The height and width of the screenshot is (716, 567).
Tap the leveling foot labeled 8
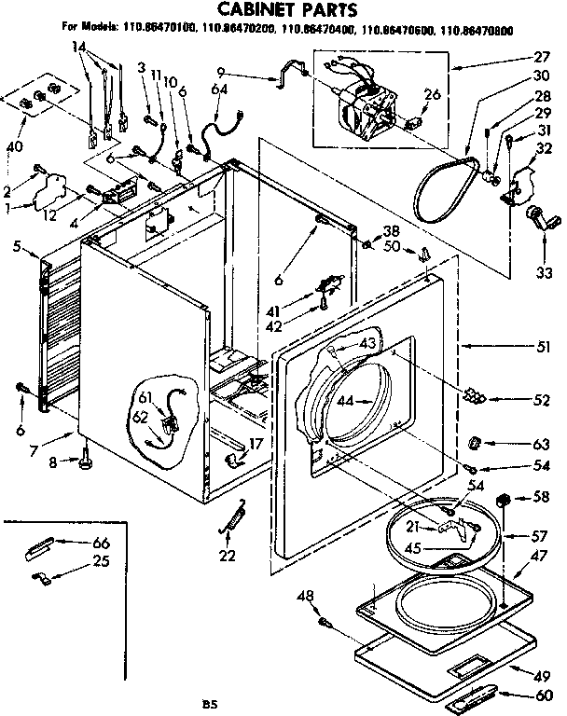(x=87, y=459)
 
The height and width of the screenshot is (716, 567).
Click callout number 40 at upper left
(x=15, y=145)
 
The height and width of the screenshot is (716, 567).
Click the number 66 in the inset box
(x=100, y=544)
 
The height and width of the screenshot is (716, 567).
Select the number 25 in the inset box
(x=100, y=561)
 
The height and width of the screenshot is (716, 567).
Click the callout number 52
(x=540, y=401)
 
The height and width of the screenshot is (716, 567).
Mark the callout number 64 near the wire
(x=218, y=89)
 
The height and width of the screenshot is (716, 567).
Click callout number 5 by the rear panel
(x=20, y=246)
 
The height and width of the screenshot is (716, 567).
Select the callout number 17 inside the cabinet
(x=256, y=444)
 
